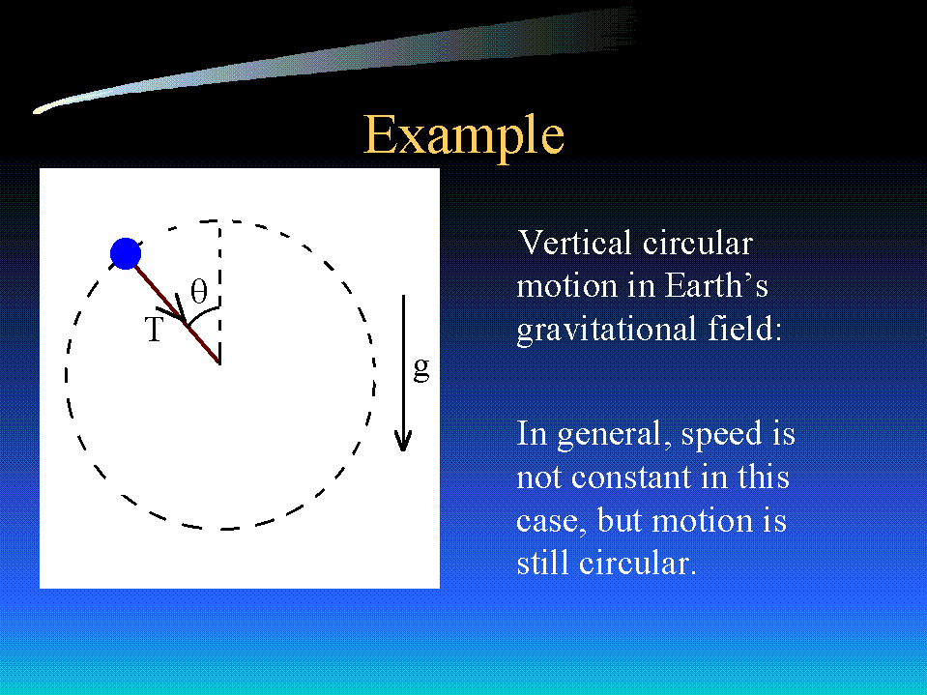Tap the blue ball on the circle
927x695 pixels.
(x=126, y=253)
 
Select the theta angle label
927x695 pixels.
(x=199, y=291)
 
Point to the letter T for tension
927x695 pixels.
(x=154, y=330)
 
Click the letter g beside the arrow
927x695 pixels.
(x=420, y=369)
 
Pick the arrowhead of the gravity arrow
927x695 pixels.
(x=403, y=441)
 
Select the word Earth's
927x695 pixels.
(x=716, y=285)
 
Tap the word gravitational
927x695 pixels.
(x=607, y=330)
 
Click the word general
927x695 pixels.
(x=615, y=435)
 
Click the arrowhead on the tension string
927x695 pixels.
(x=176, y=311)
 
